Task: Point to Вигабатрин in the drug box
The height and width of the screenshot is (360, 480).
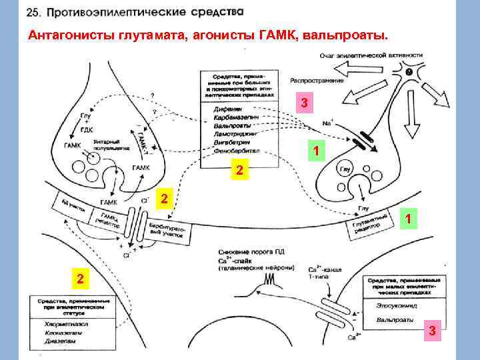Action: coord(228,141)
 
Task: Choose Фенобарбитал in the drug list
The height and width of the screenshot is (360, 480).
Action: coord(231,150)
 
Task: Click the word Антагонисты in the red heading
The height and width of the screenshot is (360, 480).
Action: coord(65,35)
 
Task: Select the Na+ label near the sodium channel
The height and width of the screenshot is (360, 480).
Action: coord(327,123)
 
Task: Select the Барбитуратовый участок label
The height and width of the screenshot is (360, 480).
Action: coord(170,230)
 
